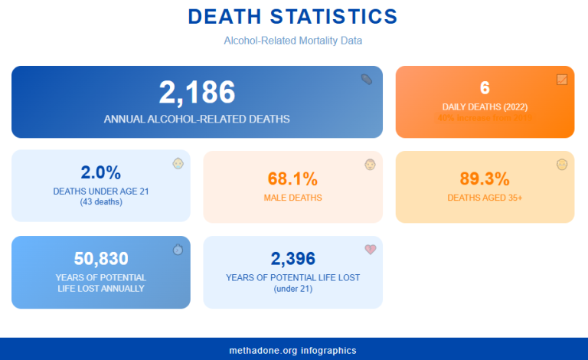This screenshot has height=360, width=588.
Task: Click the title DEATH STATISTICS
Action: coord(292,17)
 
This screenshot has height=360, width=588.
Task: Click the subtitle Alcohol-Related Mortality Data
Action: coord(292,40)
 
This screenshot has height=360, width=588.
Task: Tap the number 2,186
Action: coord(197,93)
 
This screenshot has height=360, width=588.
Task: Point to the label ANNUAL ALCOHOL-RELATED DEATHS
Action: coord(197,119)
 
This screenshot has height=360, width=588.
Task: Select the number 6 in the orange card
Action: coord(485,87)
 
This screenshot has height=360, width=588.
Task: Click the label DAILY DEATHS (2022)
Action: coord(485,106)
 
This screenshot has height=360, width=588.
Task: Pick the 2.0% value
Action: coord(101,173)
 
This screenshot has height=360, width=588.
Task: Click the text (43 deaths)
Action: coord(101,202)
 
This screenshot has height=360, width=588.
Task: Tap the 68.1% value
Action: coord(292,179)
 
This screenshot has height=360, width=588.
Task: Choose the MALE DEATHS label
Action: coord(292,198)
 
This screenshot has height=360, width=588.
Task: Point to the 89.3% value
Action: coord(485,179)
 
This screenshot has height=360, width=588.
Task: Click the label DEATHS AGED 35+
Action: coord(485,198)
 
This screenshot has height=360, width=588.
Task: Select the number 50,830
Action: coord(101,258)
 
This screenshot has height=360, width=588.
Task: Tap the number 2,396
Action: coord(292,258)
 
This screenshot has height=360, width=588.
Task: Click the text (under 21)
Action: coord(292,289)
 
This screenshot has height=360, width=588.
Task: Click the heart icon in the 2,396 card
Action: coord(371,249)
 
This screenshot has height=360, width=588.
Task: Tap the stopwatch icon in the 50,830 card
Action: coord(178,249)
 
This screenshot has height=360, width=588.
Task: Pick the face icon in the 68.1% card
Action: coord(370,164)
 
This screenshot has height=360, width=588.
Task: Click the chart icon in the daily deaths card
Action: coord(562,79)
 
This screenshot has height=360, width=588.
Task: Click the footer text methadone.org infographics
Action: coord(292,350)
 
